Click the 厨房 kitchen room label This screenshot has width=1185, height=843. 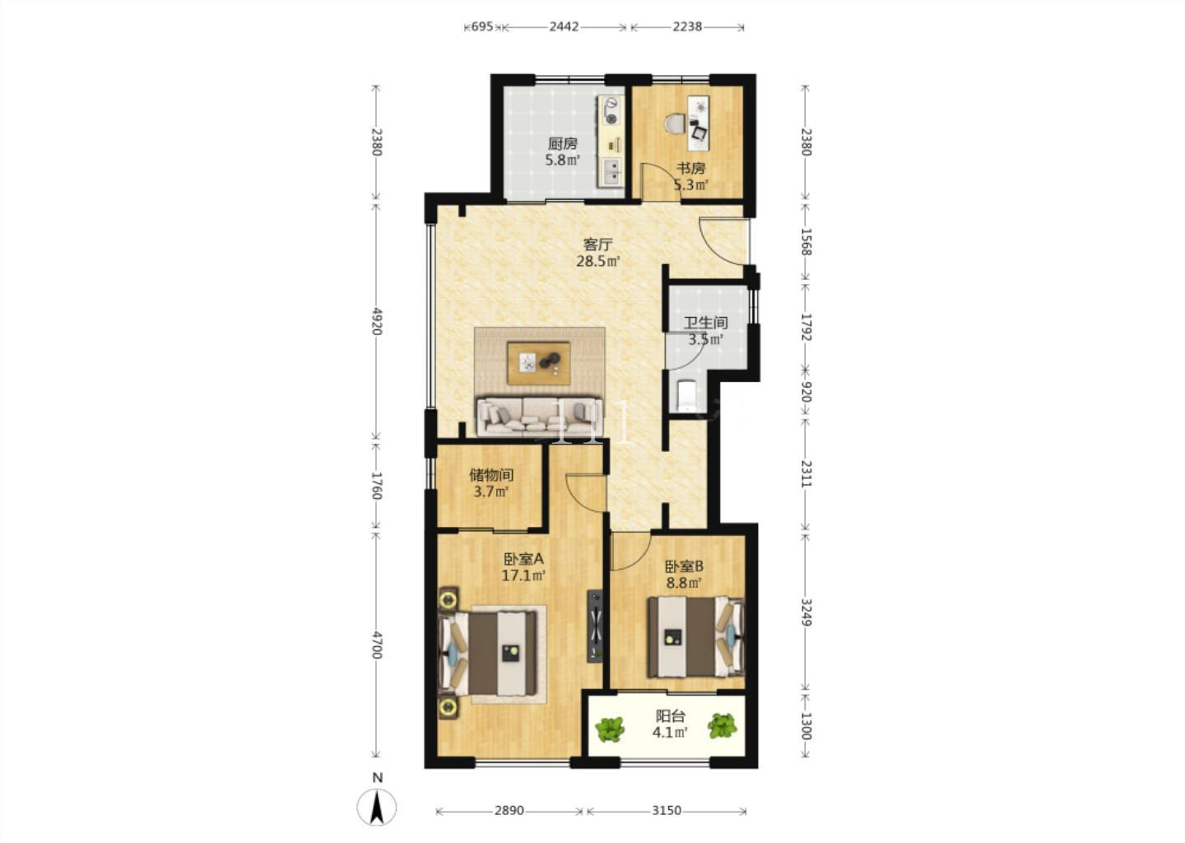pyautogui.click(x=562, y=143)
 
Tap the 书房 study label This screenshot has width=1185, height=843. pyautogui.click(x=691, y=169)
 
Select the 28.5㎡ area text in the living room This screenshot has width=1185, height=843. pyautogui.click(x=597, y=261)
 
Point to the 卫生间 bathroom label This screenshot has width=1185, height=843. pyautogui.click(x=706, y=323)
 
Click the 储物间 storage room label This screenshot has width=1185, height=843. pyautogui.click(x=491, y=475)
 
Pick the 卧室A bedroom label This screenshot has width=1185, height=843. pyautogui.click(x=523, y=559)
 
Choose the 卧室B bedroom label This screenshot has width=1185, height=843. pyautogui.click(x=684, y=566)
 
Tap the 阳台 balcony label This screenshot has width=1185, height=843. pyautogui.click(x=670, y=716)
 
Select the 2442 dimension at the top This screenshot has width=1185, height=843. pyautogui.click(x=564, y=26)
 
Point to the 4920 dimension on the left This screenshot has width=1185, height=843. pyautogui.click(x=376, y=321)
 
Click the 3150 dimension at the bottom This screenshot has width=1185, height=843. pyautogui.click(x=667, y=811)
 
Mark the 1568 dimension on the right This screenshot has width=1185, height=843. pyautogui.click(x=806, y=242)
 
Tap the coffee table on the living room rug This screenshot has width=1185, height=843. pyautogui.click(x=538, y=363)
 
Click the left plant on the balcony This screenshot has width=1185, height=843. pyautogui.click(x=610, y=729)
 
